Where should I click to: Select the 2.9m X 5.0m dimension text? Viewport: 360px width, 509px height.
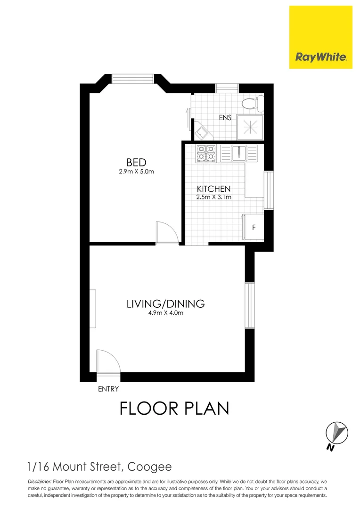tap(136, 172)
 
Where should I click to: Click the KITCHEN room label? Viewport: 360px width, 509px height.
tap(213, 189)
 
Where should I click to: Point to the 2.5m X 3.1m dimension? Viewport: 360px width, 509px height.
tap(213, 197)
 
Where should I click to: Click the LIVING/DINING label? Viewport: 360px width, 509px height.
tap(165, 304)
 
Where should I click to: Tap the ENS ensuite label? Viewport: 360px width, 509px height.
tap(225, 117)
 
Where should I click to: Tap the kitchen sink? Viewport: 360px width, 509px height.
tap(239, 152)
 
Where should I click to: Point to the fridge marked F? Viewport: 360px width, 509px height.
tap(254, 228)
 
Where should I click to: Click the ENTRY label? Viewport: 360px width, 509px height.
tap(108, 389)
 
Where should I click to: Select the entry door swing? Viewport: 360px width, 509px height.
tap(107, 361)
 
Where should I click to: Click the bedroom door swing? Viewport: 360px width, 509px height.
tap(167, 232)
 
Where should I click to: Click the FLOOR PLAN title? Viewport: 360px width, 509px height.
tap(174, 408)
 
